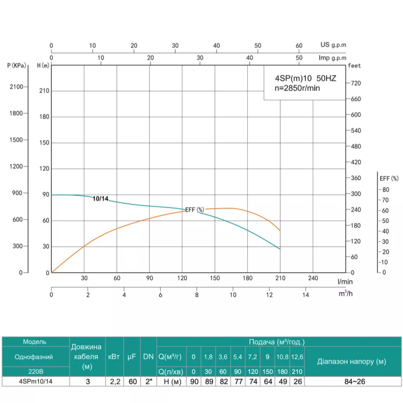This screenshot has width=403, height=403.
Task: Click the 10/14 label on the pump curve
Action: (100, 198)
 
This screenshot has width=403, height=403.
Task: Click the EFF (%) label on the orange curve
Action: (194, 210)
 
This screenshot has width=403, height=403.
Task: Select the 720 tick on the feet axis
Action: (356, 83)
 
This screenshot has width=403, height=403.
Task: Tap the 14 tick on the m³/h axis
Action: (305, 295)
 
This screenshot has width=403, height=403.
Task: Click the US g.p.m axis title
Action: (333, 45)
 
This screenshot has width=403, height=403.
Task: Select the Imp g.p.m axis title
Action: (332, 58)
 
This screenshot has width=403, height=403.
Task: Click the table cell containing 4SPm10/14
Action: (34, 381)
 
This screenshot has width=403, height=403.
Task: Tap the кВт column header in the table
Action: (114, 356)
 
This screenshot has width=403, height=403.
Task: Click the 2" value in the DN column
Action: (148, 381)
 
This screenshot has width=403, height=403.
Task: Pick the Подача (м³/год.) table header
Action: (277, 342)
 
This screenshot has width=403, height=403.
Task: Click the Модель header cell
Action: (34, 342)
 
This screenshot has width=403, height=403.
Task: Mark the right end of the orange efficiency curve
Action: (280, 231)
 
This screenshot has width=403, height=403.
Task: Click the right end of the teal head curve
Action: (280, 249)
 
